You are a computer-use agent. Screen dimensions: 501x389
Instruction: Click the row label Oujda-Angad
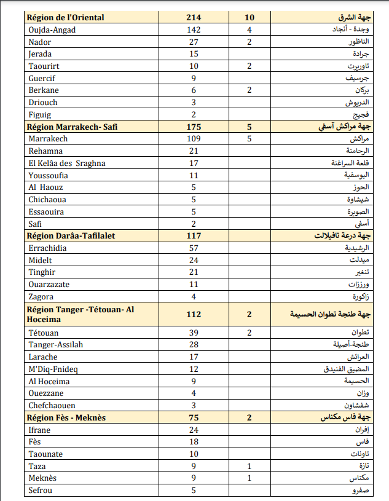point(52,30)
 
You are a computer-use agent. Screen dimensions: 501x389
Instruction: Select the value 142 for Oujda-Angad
point(194,30)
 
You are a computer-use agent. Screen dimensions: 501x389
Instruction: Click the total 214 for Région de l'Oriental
point(194,17)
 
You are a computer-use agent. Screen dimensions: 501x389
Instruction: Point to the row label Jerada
point(41,54)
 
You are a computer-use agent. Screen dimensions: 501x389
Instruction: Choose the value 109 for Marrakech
point(194,139)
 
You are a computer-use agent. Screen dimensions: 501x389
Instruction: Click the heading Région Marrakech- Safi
point(72,127)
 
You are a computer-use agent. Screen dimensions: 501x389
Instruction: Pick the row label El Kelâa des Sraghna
point(67,163)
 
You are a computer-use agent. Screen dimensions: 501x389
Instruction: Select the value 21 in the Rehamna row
point(194,151)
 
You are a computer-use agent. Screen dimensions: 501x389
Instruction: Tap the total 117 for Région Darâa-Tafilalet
point(194,235)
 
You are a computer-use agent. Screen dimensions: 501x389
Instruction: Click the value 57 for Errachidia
point(194,248)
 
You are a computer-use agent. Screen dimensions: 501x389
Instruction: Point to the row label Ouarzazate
point(50,285)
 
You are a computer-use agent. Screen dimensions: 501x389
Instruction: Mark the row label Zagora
point(41,296)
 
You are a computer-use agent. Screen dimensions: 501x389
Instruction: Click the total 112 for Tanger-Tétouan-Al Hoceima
point(194,314)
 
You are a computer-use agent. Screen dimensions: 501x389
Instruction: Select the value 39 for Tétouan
point(194,333)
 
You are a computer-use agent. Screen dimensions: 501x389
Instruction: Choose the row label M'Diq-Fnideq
point(53,369)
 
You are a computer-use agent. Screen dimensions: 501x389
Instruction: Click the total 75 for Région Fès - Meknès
point(194,418)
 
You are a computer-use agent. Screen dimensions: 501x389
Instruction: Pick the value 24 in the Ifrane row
point(194,430)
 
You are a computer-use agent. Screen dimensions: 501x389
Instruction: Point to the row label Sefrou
point(41,491)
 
